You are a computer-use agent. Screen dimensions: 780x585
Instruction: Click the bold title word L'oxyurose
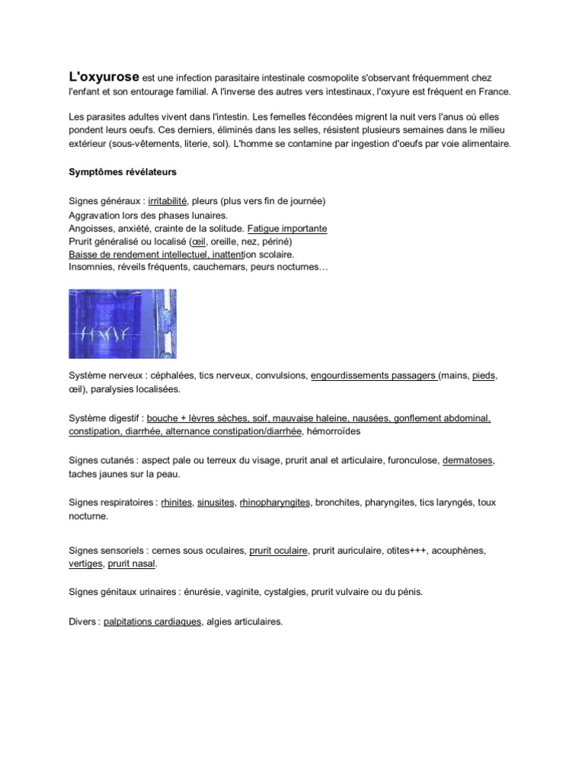[104, 77]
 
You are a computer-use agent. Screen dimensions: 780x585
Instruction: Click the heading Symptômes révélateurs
[123, 172]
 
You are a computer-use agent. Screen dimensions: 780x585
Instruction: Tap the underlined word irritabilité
[168, 201]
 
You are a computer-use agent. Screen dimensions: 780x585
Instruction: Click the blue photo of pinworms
[123, 324]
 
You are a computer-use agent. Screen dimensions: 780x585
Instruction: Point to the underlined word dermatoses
[468, 461]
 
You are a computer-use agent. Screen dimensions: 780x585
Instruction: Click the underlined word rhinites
[176, 503]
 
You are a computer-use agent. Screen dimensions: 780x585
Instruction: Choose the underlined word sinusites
[216, 503]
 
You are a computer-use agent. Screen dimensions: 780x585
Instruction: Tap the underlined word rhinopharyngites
[275, 503]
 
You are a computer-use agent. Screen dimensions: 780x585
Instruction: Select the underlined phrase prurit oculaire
[278, 550]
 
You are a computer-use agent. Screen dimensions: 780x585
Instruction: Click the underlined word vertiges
[85, 564]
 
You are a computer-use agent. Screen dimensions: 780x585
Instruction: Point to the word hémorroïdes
[334, 431]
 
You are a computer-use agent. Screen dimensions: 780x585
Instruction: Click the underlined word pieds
[483, 376]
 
